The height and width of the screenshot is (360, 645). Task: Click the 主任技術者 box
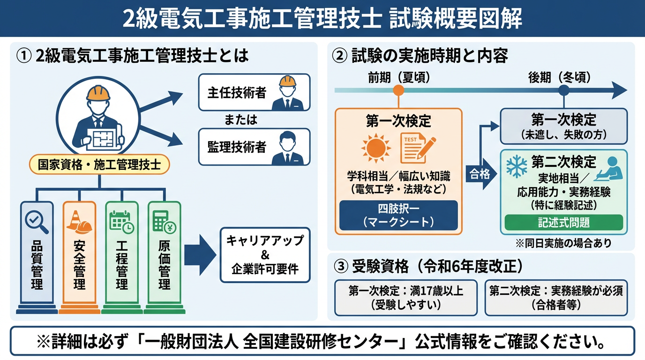pos(254,92)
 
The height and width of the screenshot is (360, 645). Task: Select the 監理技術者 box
pos(254,147)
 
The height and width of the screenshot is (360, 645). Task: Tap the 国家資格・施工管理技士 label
pos(99,165)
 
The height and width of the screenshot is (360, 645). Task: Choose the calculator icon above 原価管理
pos(164,221)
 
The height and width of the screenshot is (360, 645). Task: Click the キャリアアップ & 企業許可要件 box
pos(265,255)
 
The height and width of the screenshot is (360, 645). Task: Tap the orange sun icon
pos(376,148)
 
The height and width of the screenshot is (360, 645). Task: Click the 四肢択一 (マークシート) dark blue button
pos(398,215)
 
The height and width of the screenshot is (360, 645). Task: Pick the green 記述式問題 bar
pos(563,223)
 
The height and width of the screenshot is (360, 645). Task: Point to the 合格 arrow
pos(480,174)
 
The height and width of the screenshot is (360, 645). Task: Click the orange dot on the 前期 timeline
pos(398,90)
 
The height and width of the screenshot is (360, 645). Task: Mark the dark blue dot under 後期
pos(564,90)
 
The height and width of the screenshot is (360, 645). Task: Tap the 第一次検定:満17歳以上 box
pos(405,298)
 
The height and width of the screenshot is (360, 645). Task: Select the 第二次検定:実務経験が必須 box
pos(556,298)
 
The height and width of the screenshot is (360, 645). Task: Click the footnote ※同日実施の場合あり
pos(564,244)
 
